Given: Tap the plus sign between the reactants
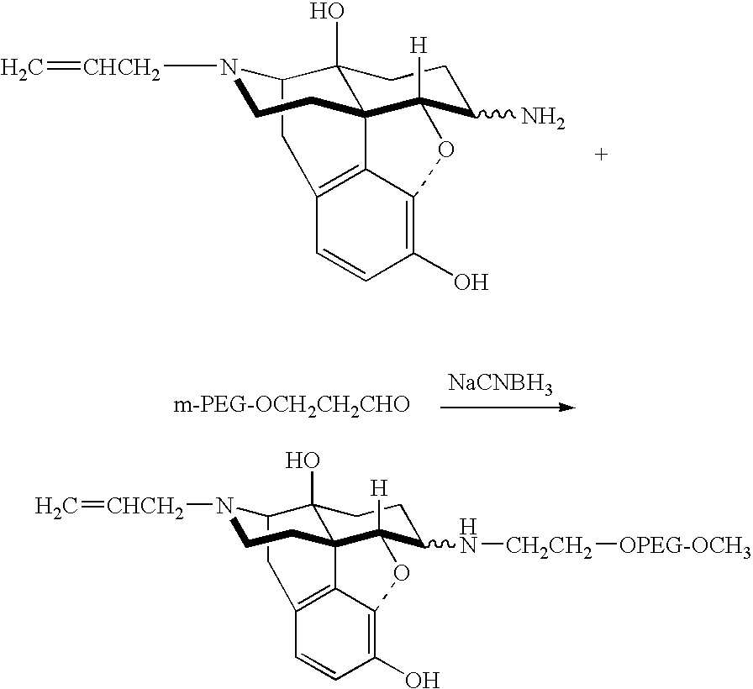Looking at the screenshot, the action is click(601, 154).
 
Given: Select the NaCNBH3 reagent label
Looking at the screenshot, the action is click(500, 384).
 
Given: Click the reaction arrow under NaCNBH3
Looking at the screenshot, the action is click(508, 408).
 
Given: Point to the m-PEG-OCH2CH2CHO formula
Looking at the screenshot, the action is click(292, 405).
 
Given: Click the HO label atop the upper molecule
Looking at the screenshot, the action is click(327, 13).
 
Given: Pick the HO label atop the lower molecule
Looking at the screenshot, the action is click(303, 461).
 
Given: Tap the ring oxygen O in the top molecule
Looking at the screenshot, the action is click(445, 150).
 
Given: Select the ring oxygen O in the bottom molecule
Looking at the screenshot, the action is click(402, 572).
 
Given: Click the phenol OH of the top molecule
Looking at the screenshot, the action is click(471, 281).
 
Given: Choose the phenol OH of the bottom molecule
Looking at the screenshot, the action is click(422, 679).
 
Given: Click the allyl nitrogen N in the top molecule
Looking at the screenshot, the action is click(229, 68).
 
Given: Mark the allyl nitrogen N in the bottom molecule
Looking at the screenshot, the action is click(224, 506).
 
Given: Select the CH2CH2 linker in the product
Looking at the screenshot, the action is click(549, 547).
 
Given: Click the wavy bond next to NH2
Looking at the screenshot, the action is click(495, 115).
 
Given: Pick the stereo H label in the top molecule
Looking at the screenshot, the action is click(419, 46).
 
